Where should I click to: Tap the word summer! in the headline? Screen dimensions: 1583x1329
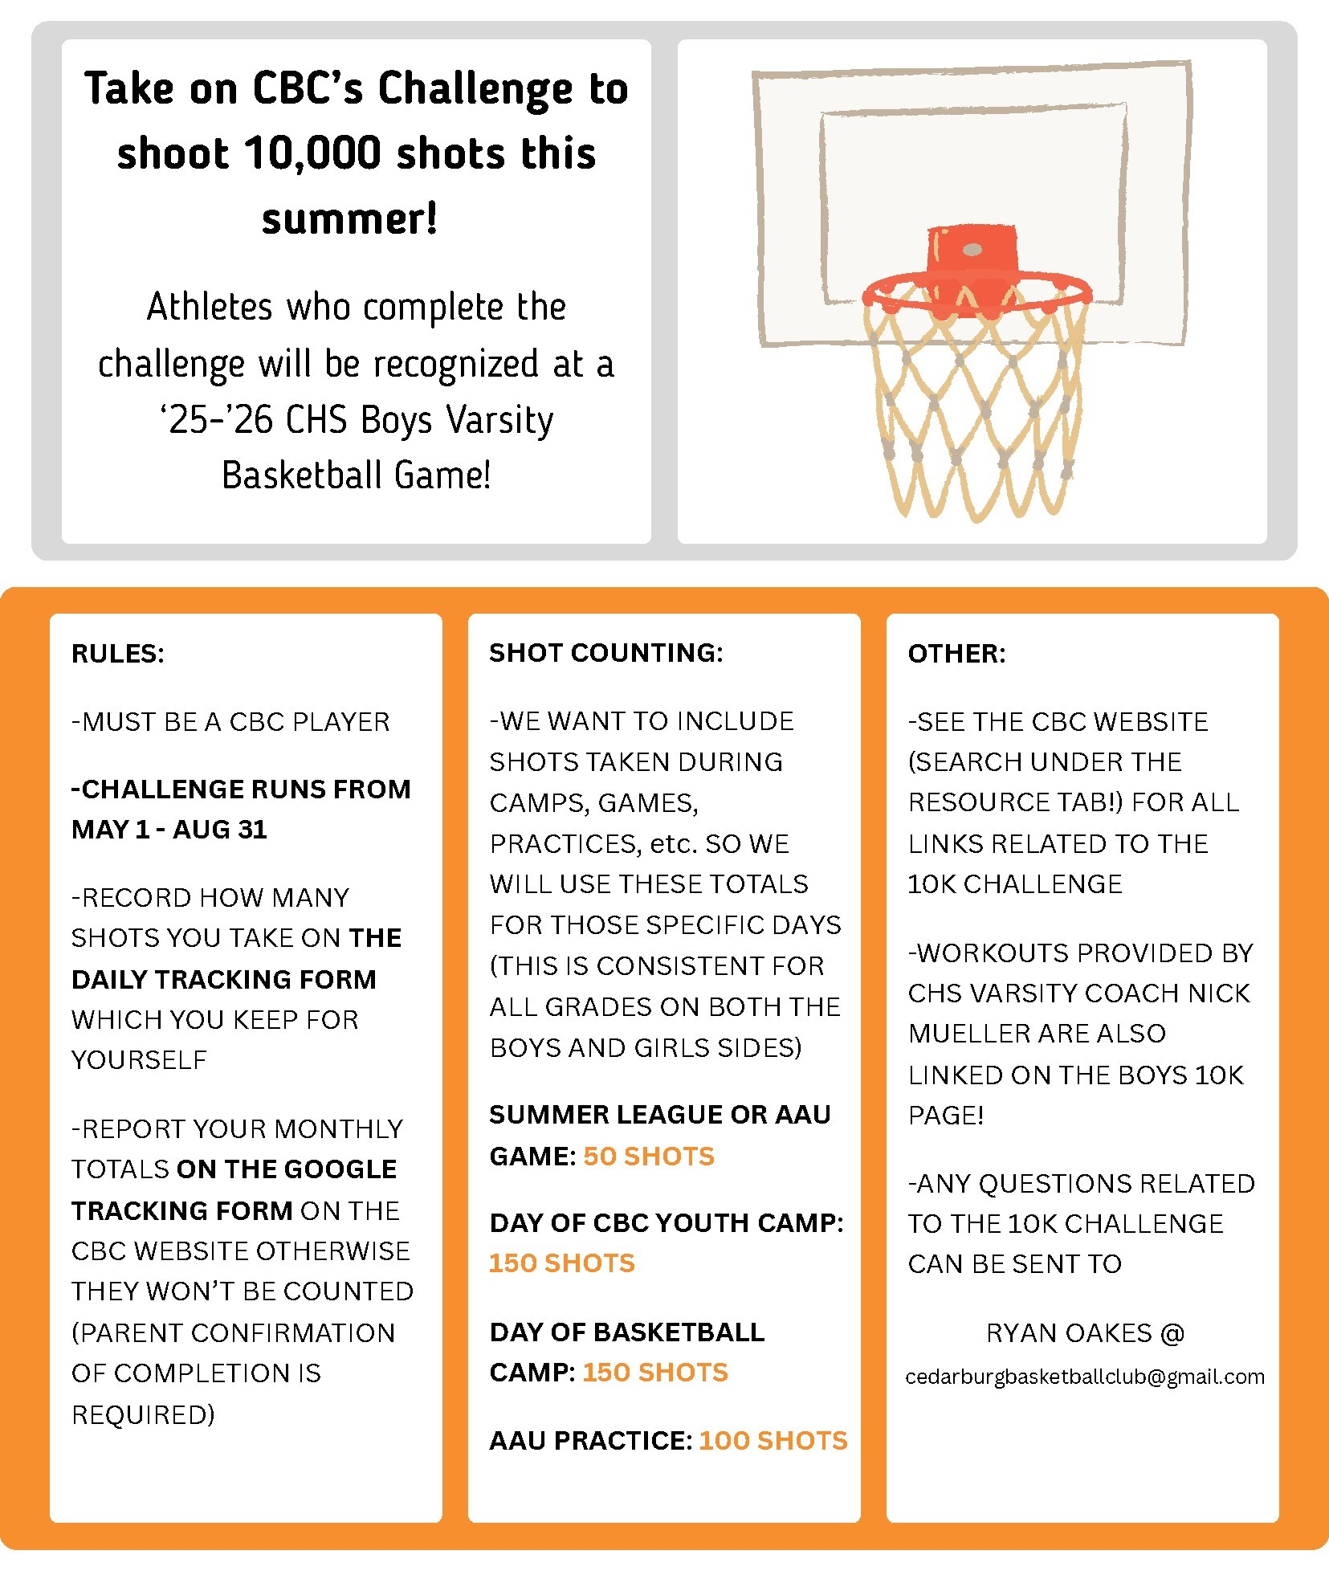click(350, 218)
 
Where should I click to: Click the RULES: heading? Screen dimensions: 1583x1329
click(118, 654)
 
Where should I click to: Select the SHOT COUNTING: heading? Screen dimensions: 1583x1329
click(606, 652)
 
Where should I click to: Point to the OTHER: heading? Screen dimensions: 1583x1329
click(956, 654)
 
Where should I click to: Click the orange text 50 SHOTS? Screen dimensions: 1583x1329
click(649, 1156)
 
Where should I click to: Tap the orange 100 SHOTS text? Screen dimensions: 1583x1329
click(773, 1440)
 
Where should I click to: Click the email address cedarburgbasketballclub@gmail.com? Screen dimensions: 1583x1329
click(1085, 1377)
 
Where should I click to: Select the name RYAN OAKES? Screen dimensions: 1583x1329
click(1069, 1333)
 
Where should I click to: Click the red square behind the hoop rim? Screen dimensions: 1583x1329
click(972, 253)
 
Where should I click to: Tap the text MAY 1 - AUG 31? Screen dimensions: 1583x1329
click(169, 829)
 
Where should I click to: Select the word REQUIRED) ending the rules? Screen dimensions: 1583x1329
click(143, 1414)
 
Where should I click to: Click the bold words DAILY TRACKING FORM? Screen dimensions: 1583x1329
click(224, 979)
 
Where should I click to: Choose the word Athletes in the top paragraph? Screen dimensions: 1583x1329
click(210, 307)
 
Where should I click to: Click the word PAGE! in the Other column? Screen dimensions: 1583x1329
click(946, 1115)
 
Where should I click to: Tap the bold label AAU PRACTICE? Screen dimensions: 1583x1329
click(591, 1440)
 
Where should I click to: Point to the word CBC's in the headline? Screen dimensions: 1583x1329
click(308, 88)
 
